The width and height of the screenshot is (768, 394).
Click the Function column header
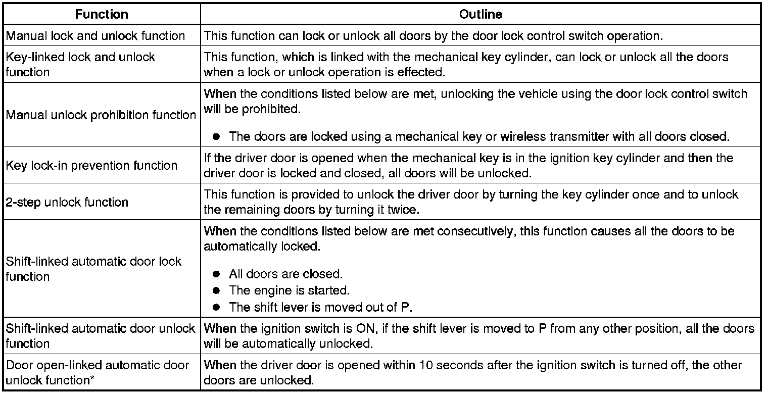point(101,15)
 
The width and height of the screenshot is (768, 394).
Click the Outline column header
point(481,15)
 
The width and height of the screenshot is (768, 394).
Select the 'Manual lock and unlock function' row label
point(95,36)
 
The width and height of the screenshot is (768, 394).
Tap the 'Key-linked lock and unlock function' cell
point(80,64)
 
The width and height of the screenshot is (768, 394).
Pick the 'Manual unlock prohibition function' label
point(101,115)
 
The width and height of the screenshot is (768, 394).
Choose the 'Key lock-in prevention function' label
point(91,166)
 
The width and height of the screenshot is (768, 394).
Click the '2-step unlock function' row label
point(67,203)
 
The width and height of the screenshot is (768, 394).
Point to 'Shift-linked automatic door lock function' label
point(93,269)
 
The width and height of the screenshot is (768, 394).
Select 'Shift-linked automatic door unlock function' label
point(101,336)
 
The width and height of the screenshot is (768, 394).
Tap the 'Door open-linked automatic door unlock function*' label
point(98,372)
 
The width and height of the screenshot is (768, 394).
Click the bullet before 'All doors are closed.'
point(217,274)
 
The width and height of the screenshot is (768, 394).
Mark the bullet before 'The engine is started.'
point(217,291)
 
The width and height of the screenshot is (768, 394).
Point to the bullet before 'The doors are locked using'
point(217,137)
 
